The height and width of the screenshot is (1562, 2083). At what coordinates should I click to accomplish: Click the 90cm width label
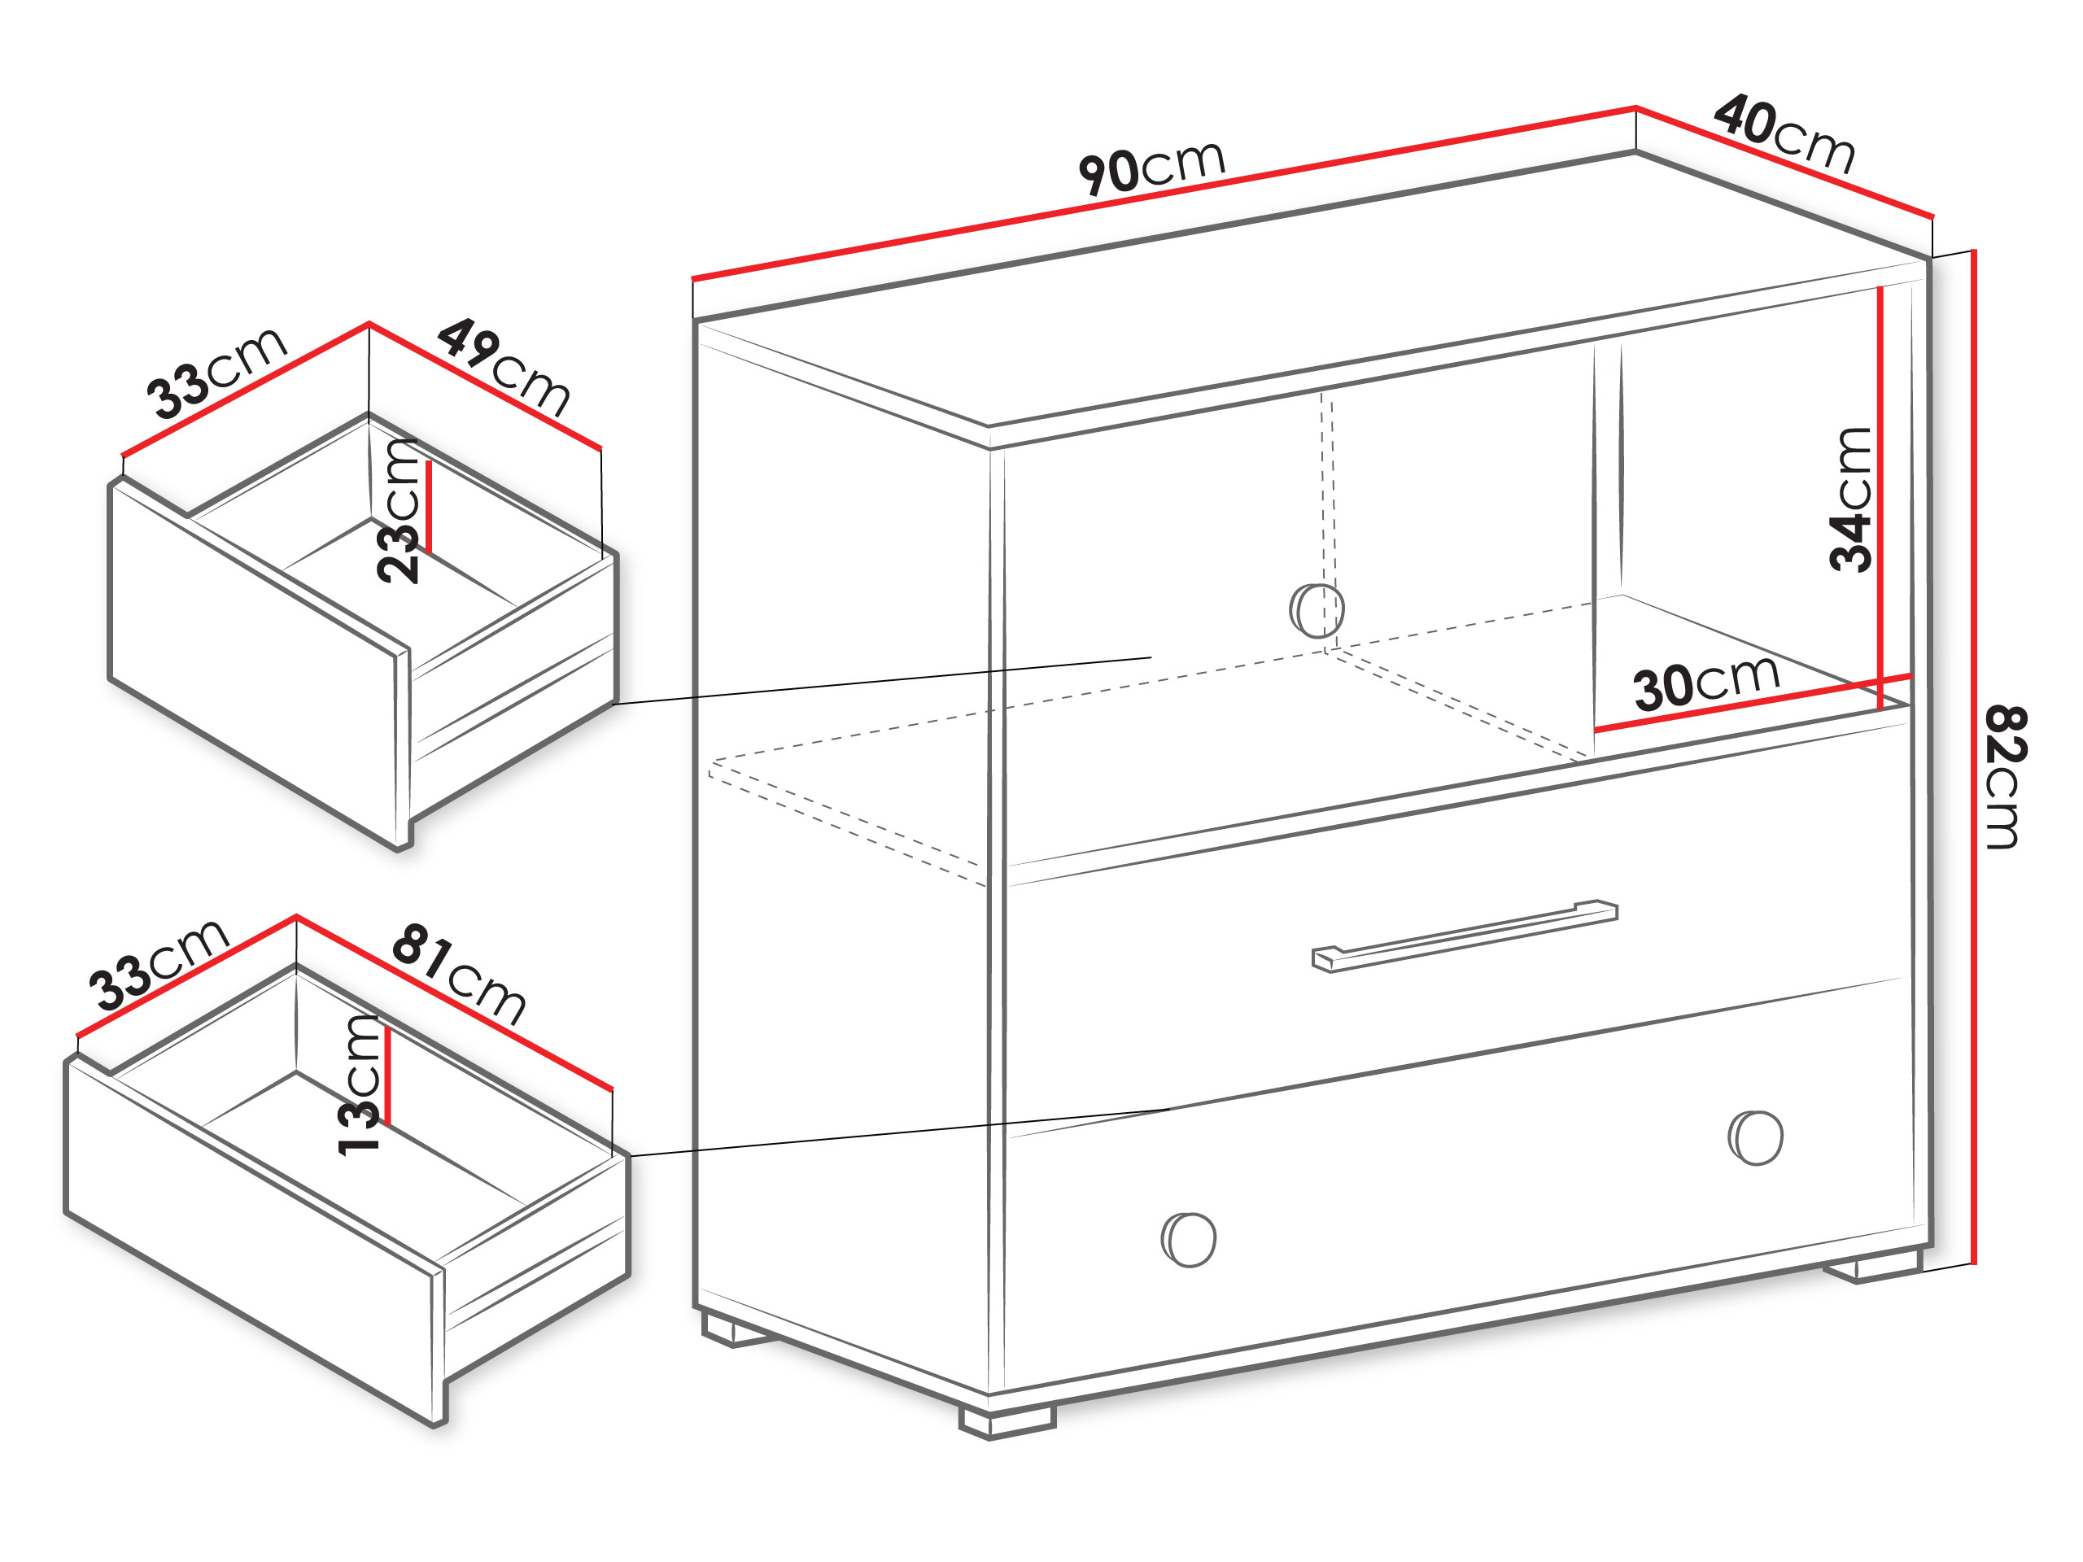coord(1151,168)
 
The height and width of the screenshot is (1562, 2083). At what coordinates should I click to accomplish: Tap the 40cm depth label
coord(1784,133)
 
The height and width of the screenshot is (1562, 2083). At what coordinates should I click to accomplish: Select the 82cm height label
coord(2005,777)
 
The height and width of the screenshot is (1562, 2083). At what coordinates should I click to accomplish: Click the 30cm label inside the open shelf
coord(1706,682)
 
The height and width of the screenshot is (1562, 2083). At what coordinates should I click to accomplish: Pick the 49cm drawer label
coord(504,366)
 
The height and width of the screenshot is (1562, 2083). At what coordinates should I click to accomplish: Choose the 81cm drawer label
coord(459,974)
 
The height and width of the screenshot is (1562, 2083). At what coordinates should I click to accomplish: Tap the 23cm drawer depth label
coord(396,510)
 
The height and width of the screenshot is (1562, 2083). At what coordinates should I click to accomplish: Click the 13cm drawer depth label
coord(359,1084)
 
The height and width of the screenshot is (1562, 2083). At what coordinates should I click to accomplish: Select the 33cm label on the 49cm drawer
coord(216,372)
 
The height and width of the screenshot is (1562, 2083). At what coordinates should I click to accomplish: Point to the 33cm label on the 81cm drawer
coord(158,964)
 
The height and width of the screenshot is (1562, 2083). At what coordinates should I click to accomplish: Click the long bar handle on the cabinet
coord(1465,936)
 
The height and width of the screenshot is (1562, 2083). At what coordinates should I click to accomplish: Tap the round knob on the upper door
coord(1317,610)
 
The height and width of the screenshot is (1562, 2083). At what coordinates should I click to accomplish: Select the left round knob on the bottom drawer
coord(1189,1239)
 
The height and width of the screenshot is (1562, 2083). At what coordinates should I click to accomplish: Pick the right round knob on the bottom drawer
coord(1755,1137)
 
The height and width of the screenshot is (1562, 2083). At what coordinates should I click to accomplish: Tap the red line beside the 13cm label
coord(387,1076)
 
